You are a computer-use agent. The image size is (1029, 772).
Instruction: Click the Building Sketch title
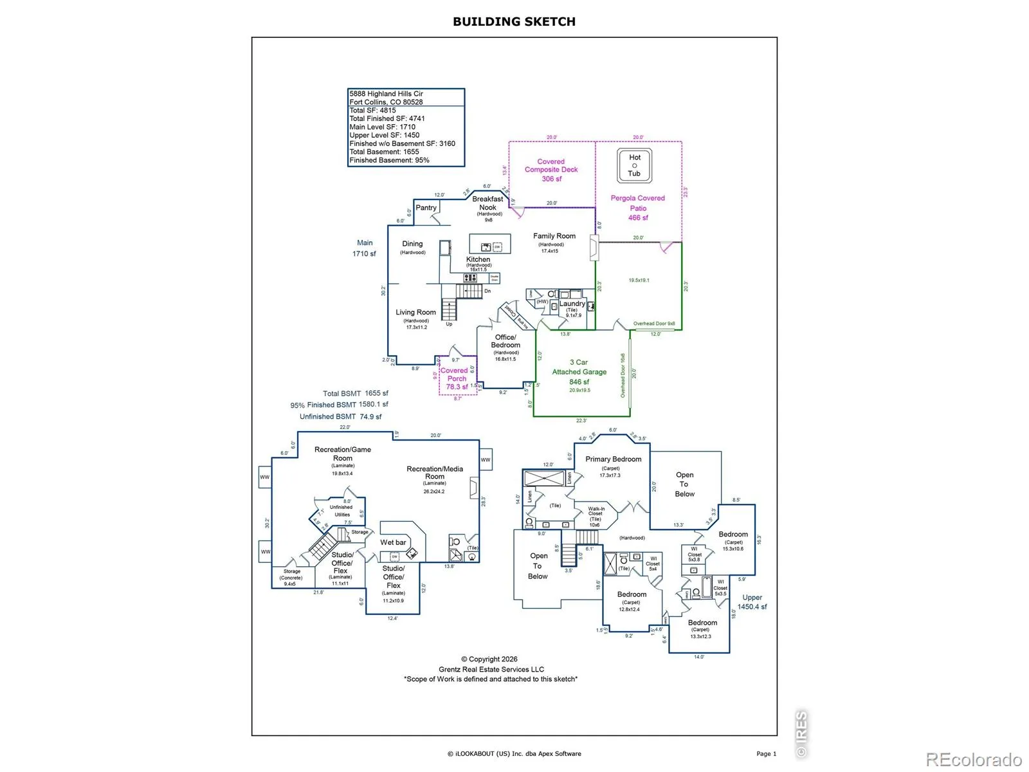(x=514, y=21)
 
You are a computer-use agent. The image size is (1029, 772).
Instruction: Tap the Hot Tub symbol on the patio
(x=635, y=165)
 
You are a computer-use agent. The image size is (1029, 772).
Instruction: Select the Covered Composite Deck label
(x=551, y=170)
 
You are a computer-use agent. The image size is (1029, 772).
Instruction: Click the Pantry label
(x=426, y=208)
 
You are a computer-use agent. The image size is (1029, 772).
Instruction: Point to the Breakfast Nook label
(x=487, y=203)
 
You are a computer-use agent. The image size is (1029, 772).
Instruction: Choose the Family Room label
(x=554, y=236)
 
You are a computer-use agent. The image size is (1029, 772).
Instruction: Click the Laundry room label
(x=572, y=304)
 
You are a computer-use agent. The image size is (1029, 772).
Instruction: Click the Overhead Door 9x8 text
(x=654, y=324)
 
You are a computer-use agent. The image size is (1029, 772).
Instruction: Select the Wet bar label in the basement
(x=393, y=542)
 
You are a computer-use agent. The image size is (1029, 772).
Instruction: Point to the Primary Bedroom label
(x=613, y=459)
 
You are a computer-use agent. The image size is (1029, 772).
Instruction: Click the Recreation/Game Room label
(x=343, y=454)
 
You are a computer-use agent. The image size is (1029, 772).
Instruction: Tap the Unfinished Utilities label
(x=341, y=511)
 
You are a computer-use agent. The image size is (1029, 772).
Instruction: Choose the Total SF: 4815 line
(x=373, y=110)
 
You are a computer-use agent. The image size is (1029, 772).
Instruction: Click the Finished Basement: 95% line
(x=389, y=160)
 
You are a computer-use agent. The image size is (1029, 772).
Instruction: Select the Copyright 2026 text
(x=489, y=659)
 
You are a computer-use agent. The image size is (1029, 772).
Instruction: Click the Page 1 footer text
(x=766, y=753)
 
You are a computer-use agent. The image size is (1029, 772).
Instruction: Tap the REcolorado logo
(x=974, y=759)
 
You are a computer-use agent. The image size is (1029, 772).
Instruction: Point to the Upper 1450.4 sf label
(x=752, y=602)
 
